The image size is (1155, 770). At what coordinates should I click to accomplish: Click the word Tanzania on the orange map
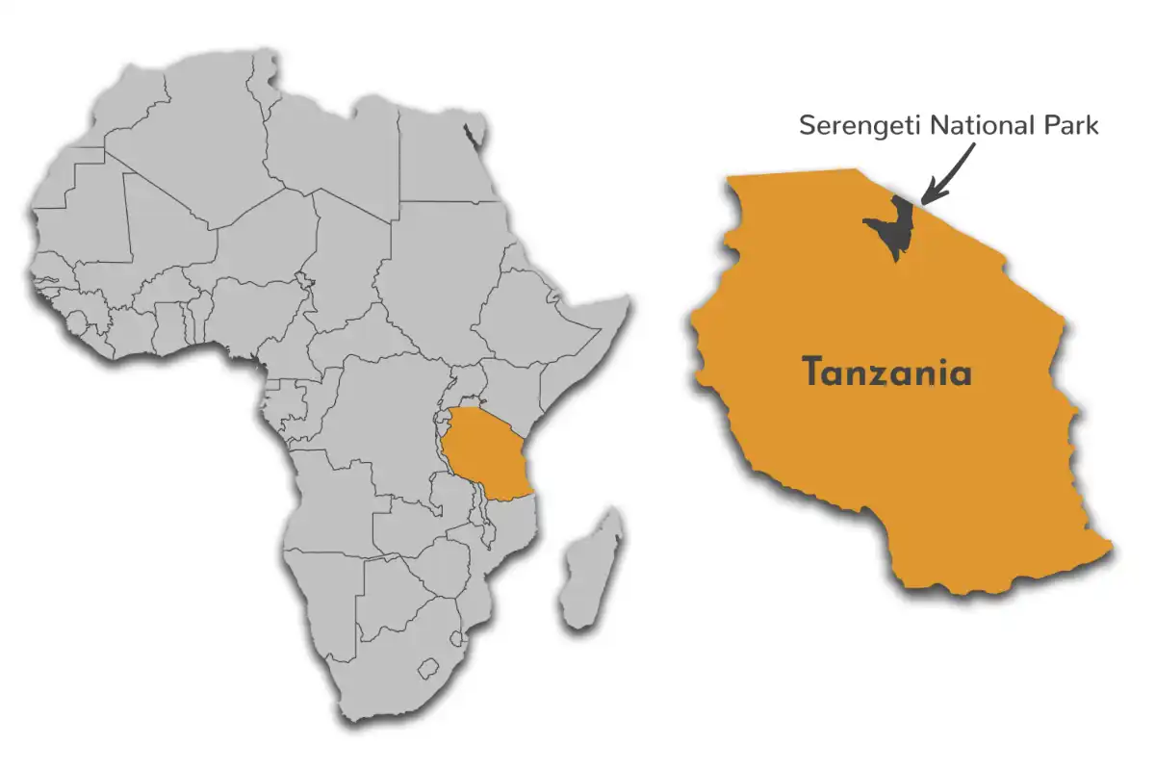(x=887, y=372)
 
